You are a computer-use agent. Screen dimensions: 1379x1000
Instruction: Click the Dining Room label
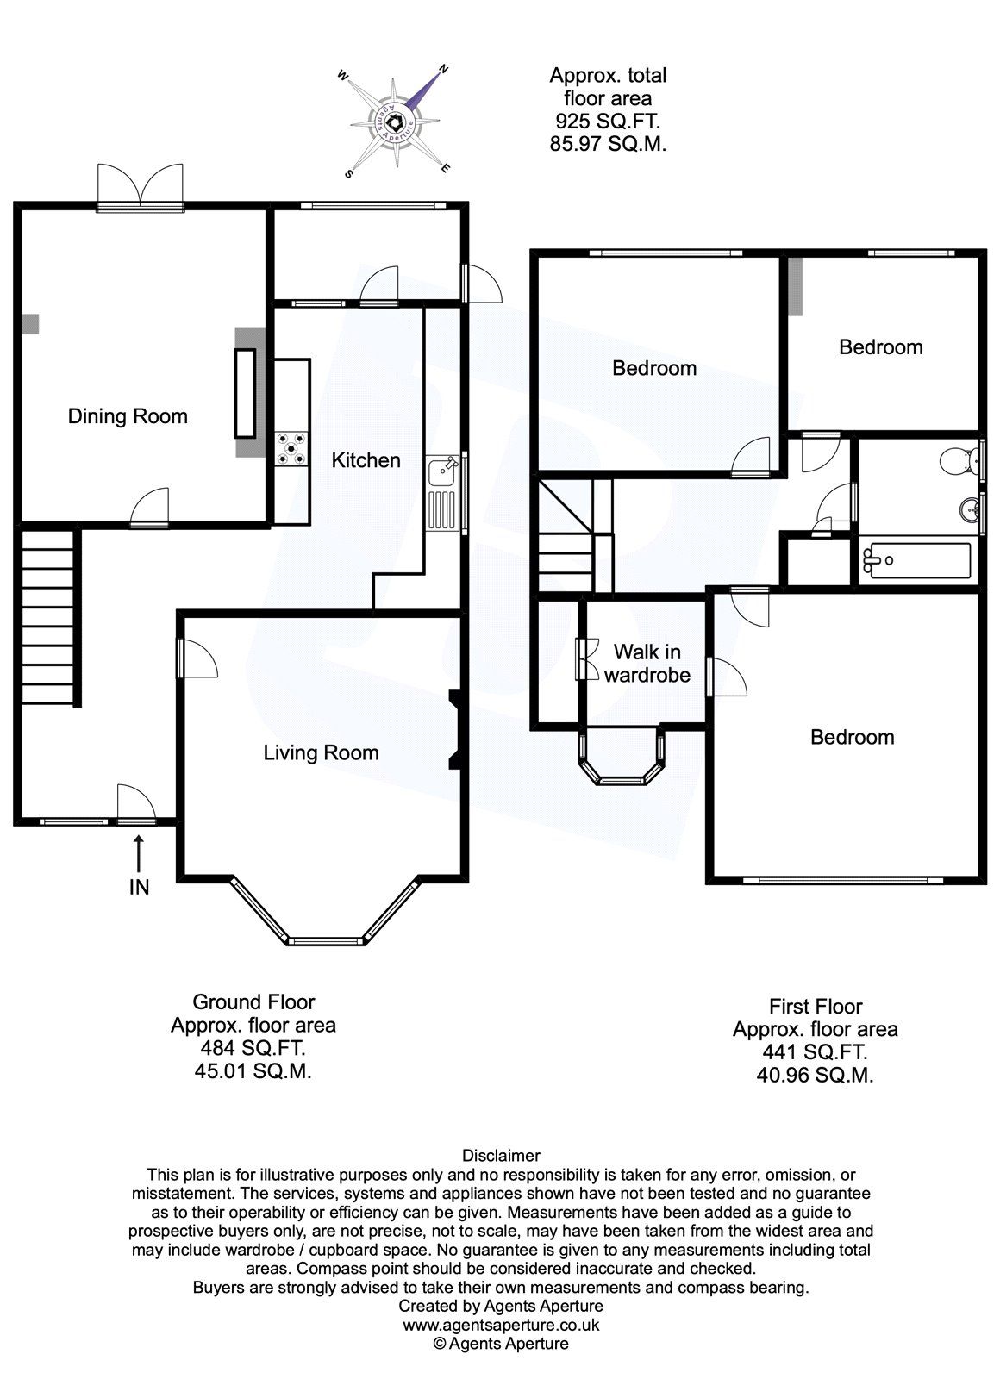click(128, 417)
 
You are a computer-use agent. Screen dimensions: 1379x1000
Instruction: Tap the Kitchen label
click(366, 460)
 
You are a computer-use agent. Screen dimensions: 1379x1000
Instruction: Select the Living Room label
click(321, 753)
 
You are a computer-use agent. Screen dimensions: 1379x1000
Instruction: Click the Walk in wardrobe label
click(647, 663)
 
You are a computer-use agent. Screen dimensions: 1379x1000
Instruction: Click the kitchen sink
click(445, 472)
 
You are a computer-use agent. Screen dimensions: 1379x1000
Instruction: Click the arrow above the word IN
click(138, 852)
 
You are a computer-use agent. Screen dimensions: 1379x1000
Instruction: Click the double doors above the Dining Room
click(140, 185)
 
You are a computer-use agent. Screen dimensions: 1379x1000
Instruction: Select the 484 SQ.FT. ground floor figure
click(252, 1049)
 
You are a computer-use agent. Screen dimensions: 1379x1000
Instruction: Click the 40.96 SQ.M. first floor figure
click(816, 1075)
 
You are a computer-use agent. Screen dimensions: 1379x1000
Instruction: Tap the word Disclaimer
click(501, 1156)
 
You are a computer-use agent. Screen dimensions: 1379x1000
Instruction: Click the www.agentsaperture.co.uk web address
click(501, 1326)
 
